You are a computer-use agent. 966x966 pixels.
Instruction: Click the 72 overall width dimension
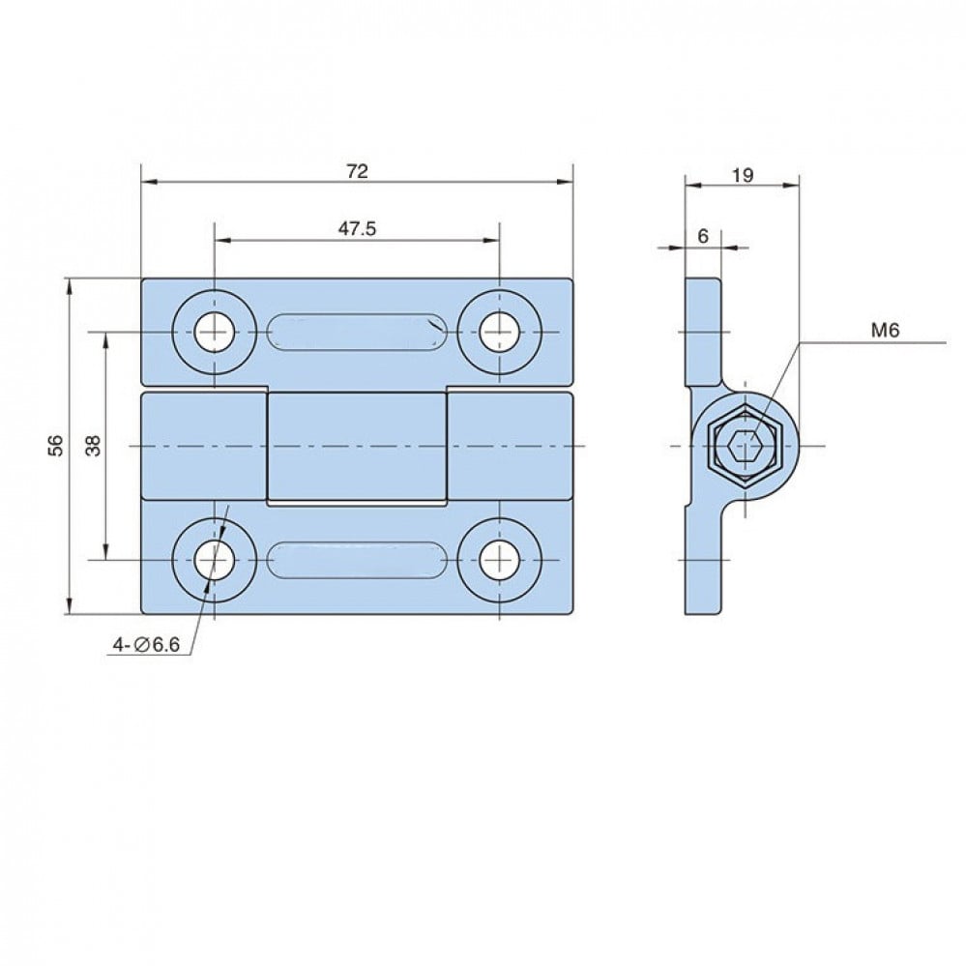[358, 171]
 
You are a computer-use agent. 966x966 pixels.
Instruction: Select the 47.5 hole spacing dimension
[357, 228]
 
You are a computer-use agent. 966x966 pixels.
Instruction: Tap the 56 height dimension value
[56, 445]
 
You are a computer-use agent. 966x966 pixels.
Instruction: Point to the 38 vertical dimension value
[93, 445]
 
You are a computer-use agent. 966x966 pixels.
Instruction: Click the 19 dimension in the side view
[743, 176]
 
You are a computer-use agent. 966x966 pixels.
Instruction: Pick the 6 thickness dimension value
[704, 236]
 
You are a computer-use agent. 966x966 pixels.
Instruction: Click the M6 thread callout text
[885, 331]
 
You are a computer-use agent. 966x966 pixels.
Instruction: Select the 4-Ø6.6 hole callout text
[146, 645]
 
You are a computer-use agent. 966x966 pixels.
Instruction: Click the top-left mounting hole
[215, 333]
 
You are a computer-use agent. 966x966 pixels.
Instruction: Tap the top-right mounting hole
[500, 333]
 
